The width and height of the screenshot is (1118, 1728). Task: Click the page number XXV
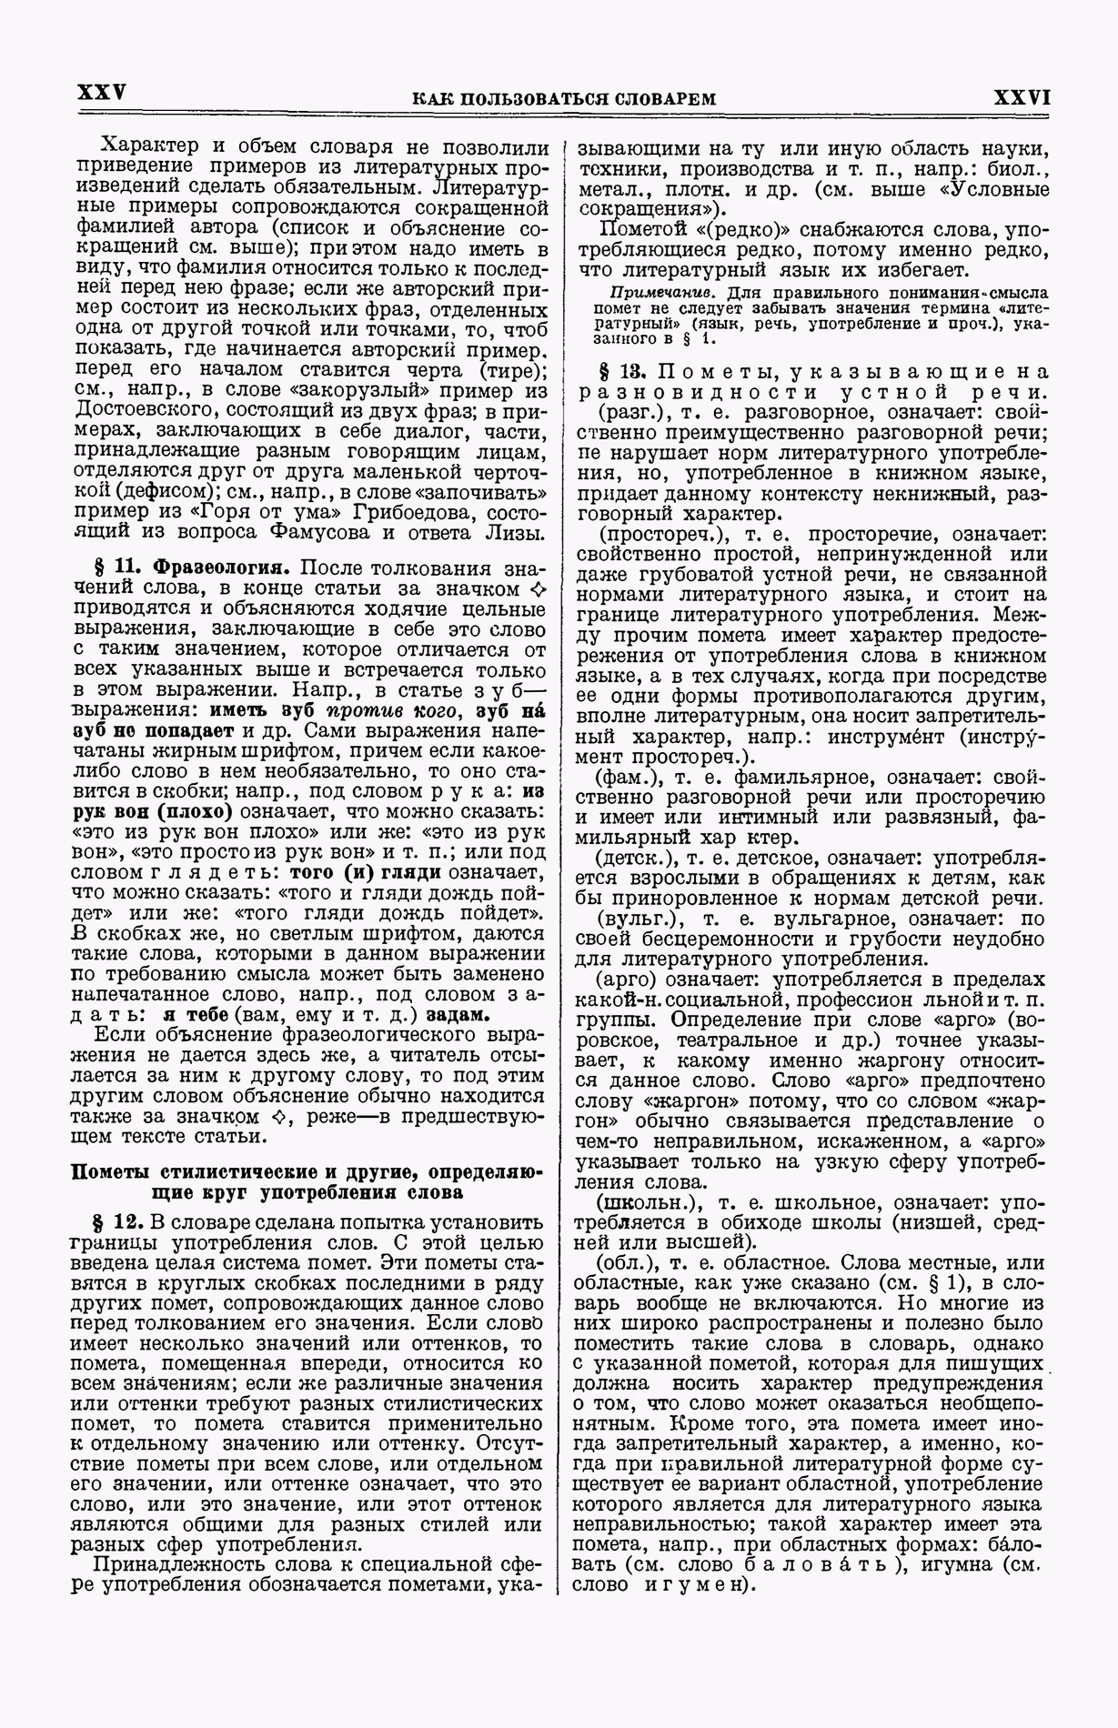point(101,94)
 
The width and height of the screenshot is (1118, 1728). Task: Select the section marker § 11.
point(118,568)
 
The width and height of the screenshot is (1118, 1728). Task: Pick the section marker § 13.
point(619,373)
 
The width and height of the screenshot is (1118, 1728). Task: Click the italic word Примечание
point(652,293)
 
